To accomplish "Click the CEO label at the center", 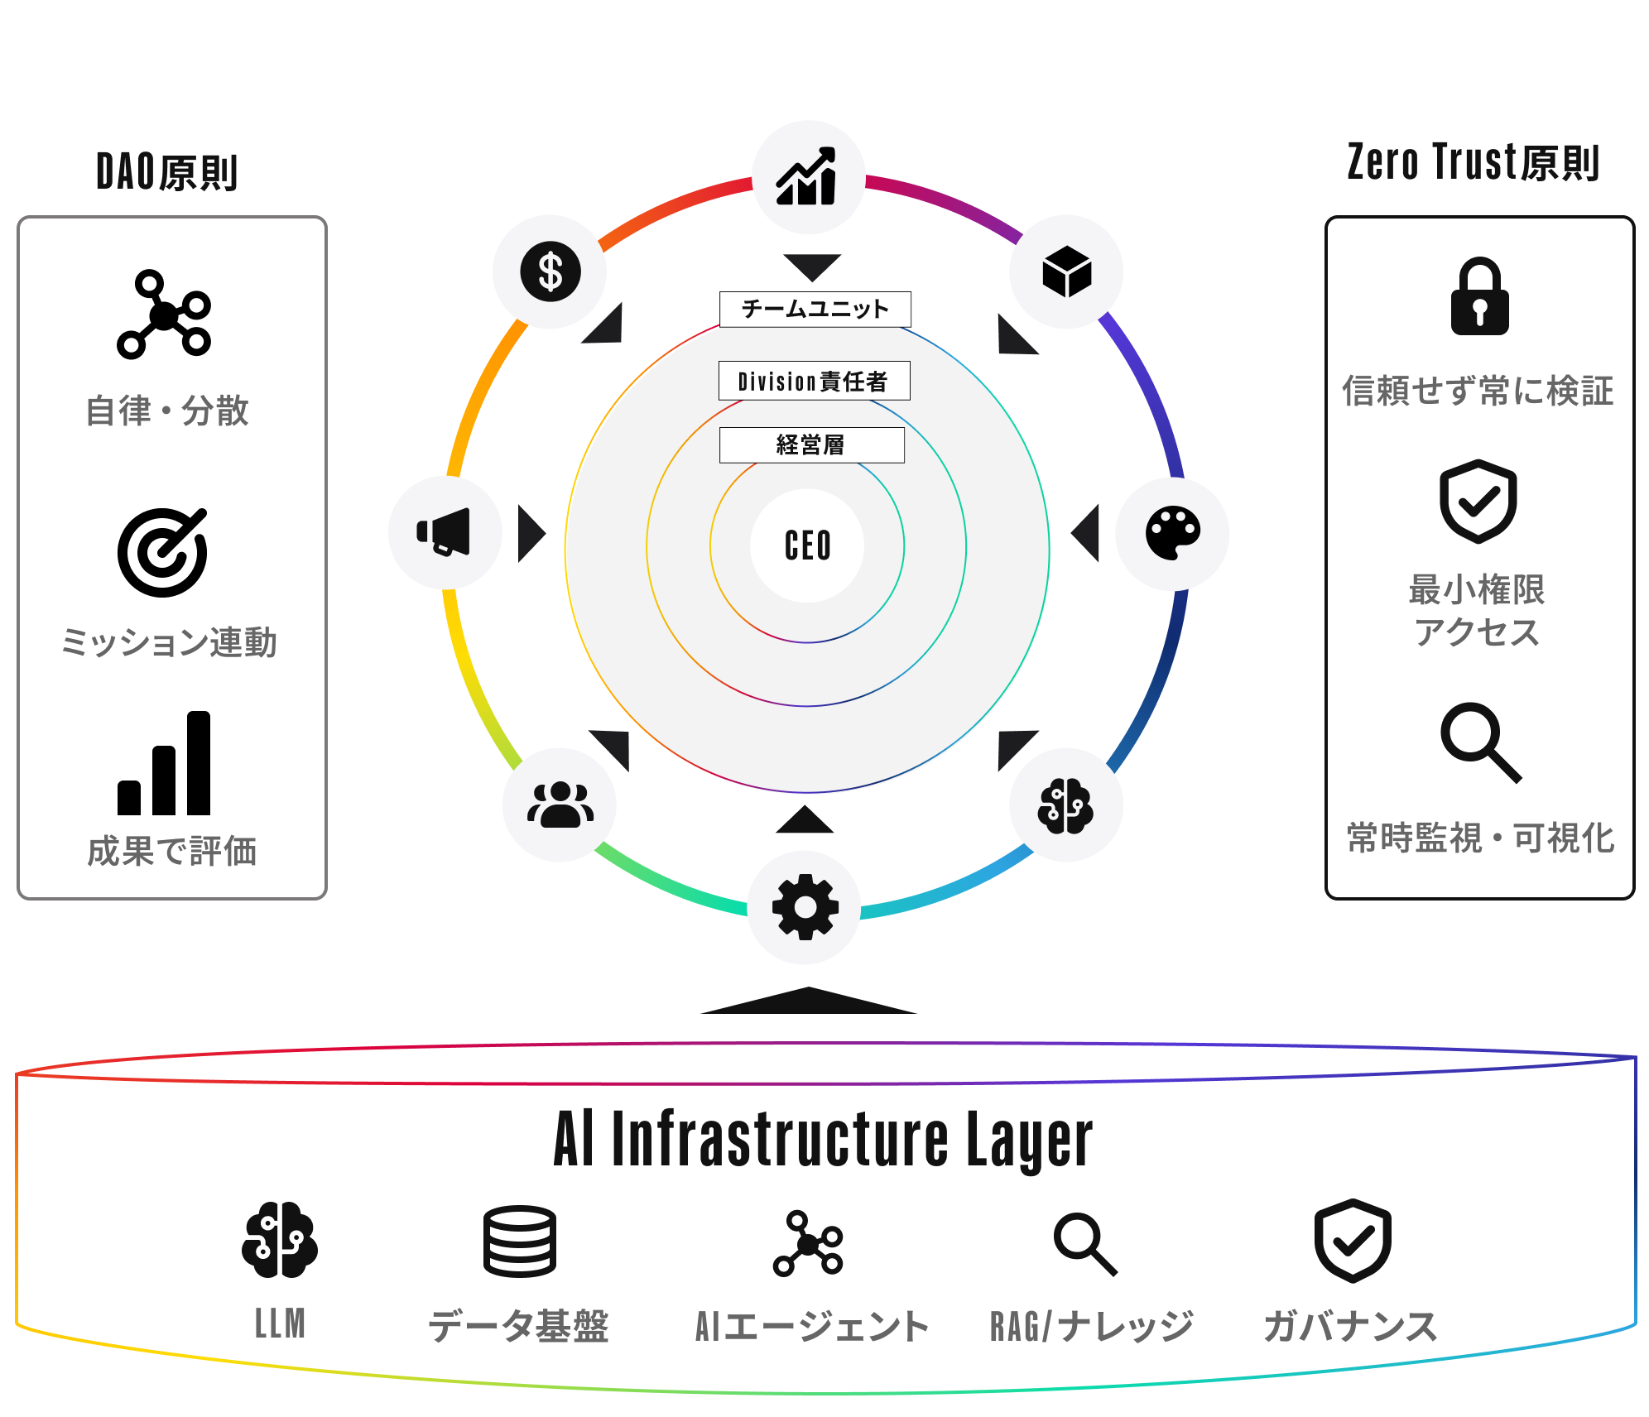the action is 807,546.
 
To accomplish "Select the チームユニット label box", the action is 815,310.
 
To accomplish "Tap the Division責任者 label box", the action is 814,381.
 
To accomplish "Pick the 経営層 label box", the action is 811,445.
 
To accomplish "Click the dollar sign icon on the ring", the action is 550,271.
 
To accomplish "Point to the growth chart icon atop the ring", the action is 806,176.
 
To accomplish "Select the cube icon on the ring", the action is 1067,271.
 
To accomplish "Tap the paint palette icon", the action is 1173,533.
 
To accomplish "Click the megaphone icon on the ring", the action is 444,531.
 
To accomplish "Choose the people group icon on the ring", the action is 560,805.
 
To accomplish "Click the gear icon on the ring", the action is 805,907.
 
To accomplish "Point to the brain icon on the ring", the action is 1066,806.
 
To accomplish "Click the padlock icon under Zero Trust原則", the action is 1479,296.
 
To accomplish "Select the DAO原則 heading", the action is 167,172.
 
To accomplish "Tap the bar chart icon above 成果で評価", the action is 164,763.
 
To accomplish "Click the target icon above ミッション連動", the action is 162,552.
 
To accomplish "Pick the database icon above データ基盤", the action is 520,1241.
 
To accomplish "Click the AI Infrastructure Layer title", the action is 823,1141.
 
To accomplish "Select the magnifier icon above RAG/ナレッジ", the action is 1085,1245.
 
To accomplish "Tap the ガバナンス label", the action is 1350,1326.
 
